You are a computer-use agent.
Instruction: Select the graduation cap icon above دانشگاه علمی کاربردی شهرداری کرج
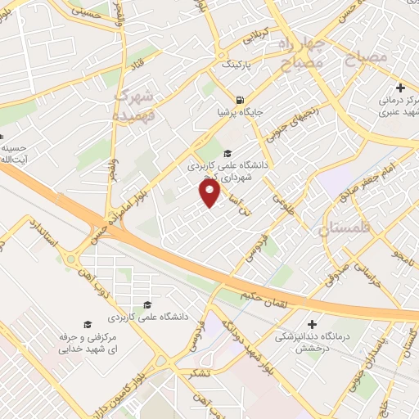pos(227,152)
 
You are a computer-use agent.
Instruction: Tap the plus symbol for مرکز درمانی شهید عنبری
pos(400,88)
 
